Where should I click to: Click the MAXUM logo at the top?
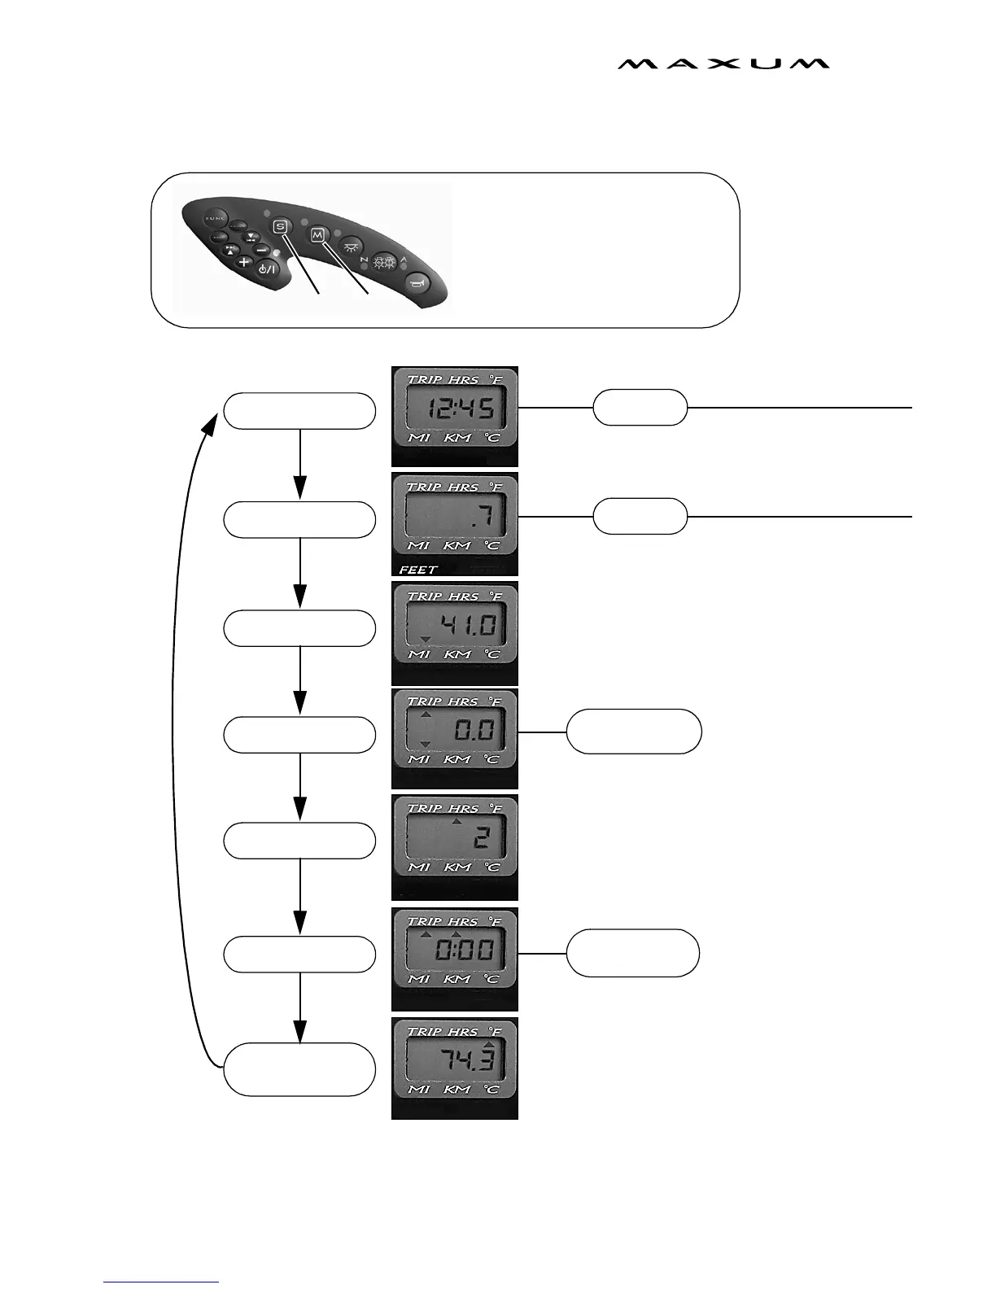(723, 63)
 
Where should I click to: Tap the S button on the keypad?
(281, 226)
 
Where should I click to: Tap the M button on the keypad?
(317, 234)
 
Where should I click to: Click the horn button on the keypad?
(417, 282)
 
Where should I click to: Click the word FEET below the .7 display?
(418, 570)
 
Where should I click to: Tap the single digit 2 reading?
(482, 838)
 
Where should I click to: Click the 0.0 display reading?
(474, 730)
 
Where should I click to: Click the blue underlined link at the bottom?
(161, 1282)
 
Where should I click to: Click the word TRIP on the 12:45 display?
(423, 379)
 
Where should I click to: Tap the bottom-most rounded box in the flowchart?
(299, 1068)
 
